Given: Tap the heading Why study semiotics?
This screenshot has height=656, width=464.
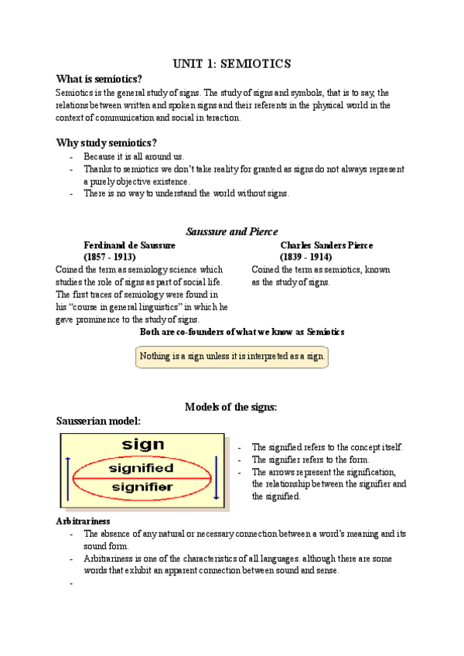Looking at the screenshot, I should [x=106, y=142].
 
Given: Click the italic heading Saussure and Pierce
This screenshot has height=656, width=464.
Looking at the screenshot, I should [x=231, y=231].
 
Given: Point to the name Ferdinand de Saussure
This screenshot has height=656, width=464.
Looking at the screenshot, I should [x=129, y=245].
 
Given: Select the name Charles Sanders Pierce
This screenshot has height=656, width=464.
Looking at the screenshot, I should [x=326, y=245].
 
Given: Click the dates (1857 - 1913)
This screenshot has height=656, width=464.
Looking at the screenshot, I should [x=109, y=257].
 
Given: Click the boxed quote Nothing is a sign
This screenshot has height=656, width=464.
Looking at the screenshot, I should [x=231, y=357].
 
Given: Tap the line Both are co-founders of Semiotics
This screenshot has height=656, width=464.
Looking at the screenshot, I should [x=241, y=331].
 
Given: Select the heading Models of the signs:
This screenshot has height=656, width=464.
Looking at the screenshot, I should [x=231, y=407].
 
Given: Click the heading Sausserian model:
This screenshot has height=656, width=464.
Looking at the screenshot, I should [x=97, y=421].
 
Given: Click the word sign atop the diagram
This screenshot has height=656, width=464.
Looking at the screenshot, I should [x=144, y=444].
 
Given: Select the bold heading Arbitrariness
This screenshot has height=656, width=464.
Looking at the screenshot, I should [x=83, y=521].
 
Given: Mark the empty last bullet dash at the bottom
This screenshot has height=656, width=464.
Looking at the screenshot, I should [x=71, y=584].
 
